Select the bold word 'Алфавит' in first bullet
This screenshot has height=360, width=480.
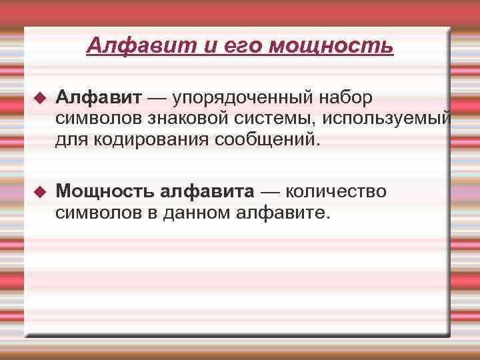[x=99, y=98]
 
